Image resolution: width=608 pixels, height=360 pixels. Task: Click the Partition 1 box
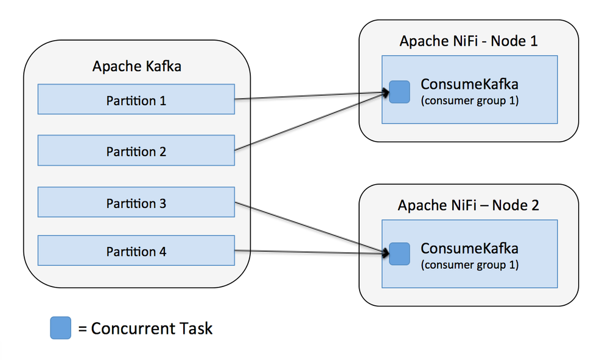click(x=136, y=100)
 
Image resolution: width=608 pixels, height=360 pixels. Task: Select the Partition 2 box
click(x=136, y=151)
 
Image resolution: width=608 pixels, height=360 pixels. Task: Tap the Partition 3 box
click(x=136, y=202)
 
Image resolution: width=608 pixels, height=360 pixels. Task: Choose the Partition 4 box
click(x=136, y=251)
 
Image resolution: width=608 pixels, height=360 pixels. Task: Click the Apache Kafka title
click(x=136, y=66)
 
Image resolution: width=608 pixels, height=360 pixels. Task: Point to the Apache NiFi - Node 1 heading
click(x=468, y=41)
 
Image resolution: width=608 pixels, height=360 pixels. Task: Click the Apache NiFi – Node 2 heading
click(x=468, y=205)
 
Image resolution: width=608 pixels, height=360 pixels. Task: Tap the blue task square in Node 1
click(x=399, y=92)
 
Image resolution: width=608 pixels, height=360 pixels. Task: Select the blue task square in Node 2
click(x=399, y=254)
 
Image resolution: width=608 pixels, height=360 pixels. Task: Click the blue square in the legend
click(x=60, y=328)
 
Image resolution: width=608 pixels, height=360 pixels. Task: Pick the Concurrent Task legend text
click(x=152, y=329)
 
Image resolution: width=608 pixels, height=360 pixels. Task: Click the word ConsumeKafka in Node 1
click(x=469, y=85)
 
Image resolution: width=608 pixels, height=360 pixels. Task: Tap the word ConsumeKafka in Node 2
click(x=469, y=248)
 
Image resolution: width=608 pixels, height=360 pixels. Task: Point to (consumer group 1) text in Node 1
click(x=469, y=100)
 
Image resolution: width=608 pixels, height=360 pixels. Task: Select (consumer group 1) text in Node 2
click(x=469, y=265)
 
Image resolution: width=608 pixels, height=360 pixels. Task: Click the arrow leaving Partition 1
click(x=310, y=96)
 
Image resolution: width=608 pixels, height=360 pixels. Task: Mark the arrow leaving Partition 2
click(x=310, y=122)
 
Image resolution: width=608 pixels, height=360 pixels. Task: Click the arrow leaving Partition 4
click(x=310, y=251)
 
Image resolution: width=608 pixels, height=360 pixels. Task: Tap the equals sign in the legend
click(x=82, y=330)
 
